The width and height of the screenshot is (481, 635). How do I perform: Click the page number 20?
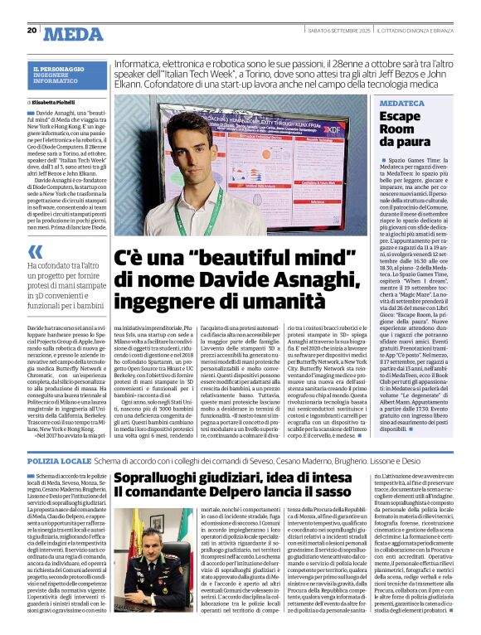point(32,30)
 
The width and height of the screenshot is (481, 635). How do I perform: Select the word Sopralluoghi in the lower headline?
point(155,478)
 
